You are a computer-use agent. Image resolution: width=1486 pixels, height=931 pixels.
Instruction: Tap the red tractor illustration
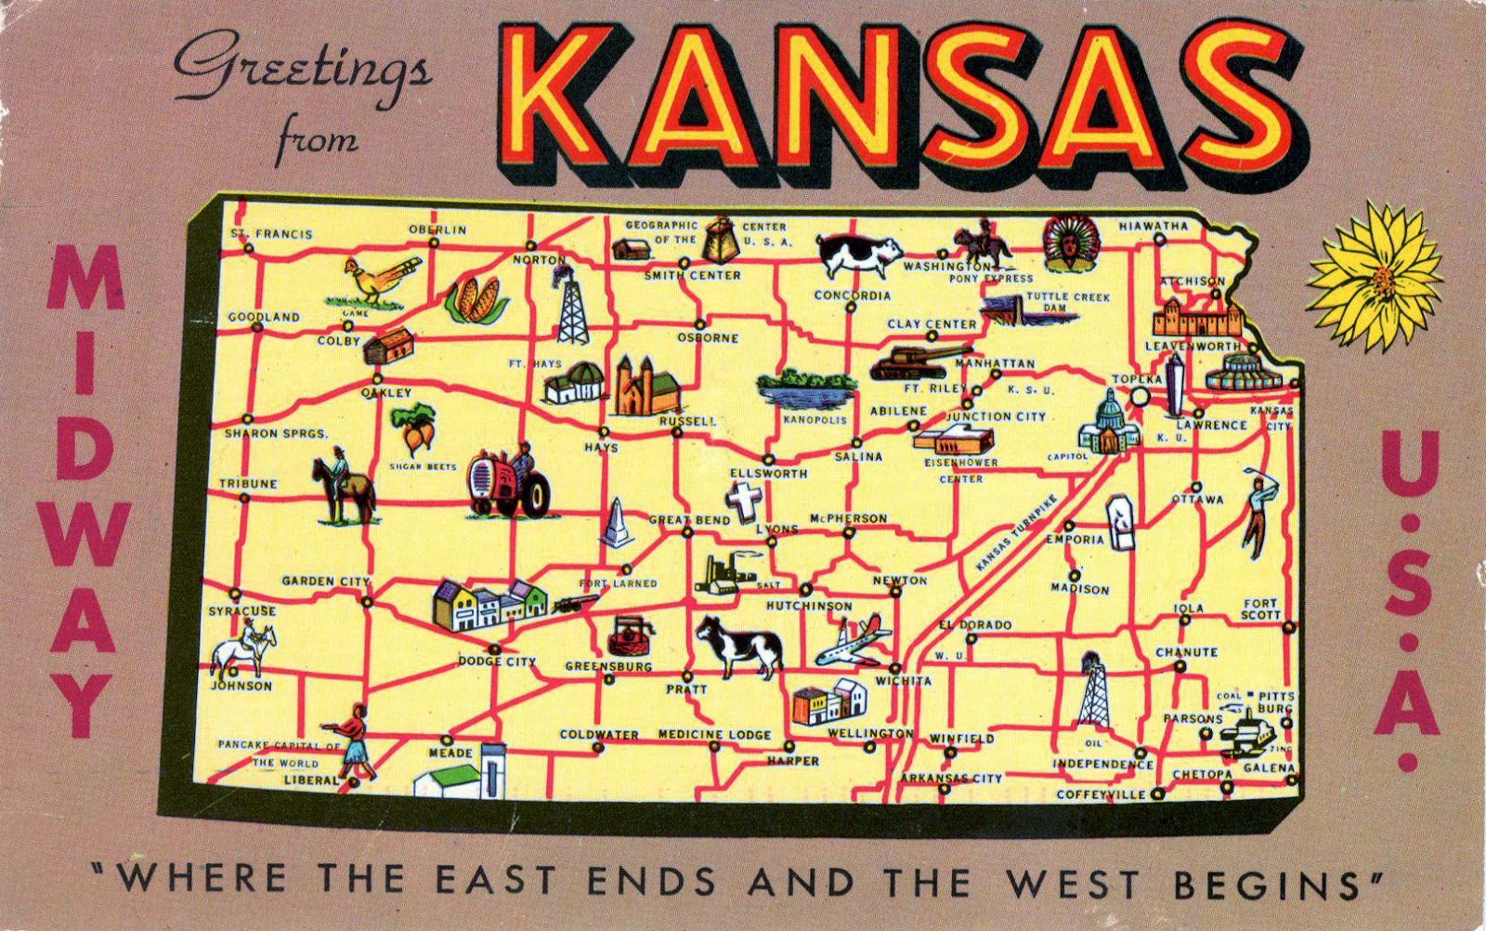pyautogui.click(x=508, y=481)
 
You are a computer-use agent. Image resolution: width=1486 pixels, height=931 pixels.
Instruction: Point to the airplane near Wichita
pyautogui.click(x=853, y=641)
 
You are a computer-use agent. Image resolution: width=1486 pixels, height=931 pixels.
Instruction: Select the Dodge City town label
pyautogui.click(x=497, y=662)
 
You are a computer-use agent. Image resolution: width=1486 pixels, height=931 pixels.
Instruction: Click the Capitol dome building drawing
pyautogui.click(x=1103, y=423)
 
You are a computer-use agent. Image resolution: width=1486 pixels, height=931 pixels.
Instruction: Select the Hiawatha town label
pyautogui.click(x=1153, y=226)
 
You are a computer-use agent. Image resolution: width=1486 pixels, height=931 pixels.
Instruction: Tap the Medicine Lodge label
pyautogui.click(x=714, y=735)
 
